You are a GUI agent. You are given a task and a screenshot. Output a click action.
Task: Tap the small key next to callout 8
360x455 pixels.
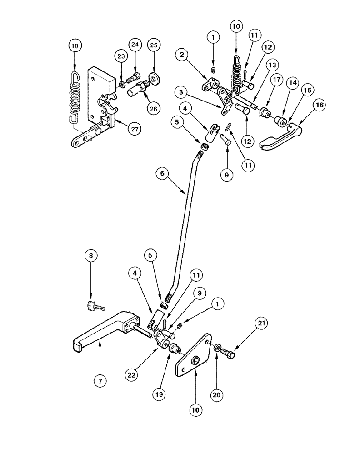click(94, 307)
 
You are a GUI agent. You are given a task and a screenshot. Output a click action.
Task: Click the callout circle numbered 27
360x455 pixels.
click(134, 129)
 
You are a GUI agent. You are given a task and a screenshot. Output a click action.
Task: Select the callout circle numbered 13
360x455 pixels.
click(273, 66)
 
